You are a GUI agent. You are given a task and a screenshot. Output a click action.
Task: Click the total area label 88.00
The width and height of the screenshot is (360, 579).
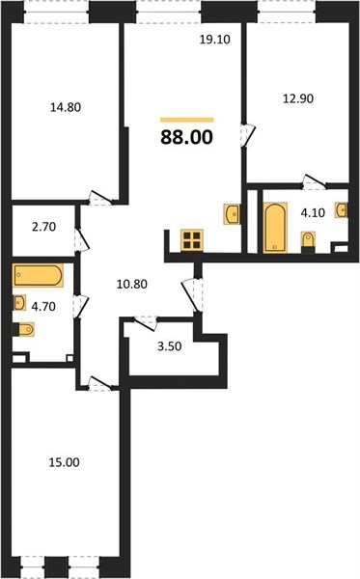187,137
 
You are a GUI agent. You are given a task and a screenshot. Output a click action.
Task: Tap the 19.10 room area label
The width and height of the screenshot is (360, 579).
215,40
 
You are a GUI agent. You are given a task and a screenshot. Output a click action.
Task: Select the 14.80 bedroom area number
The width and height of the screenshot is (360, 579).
66,107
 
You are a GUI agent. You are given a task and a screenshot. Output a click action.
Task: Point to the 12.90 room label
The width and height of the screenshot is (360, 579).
298,98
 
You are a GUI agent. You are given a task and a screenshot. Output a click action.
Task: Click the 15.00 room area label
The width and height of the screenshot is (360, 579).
65,462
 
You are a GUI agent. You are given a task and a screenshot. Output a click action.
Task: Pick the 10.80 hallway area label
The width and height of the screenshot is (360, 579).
132,284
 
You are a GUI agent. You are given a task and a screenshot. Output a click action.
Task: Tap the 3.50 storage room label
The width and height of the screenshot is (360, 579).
170,346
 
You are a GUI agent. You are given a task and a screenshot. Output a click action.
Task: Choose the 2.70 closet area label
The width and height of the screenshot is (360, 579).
44,227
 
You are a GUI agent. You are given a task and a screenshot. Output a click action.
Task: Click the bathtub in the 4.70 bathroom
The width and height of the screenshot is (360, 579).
38,275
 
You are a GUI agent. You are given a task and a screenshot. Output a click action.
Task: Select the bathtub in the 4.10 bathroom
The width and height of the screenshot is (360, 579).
275,228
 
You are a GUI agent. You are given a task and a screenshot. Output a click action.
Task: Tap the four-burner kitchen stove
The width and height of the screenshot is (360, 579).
192,240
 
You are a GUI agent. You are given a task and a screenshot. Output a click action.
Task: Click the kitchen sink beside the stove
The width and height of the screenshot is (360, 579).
232,214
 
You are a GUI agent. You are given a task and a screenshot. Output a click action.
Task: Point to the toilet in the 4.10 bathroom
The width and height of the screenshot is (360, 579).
308,241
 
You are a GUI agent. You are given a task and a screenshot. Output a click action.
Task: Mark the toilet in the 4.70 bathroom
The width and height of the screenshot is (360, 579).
23,329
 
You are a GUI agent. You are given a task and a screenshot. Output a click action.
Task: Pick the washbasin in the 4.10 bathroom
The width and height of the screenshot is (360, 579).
342,210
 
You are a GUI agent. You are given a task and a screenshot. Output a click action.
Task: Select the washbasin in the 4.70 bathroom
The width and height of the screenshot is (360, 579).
19,303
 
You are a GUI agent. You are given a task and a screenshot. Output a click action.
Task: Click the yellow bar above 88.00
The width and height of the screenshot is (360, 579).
187,120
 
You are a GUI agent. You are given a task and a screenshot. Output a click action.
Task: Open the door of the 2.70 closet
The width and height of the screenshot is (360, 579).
82,240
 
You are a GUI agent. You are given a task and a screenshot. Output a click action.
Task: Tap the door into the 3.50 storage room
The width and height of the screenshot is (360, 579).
146,323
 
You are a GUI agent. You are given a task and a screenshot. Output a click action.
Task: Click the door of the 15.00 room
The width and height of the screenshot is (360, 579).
99,384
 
